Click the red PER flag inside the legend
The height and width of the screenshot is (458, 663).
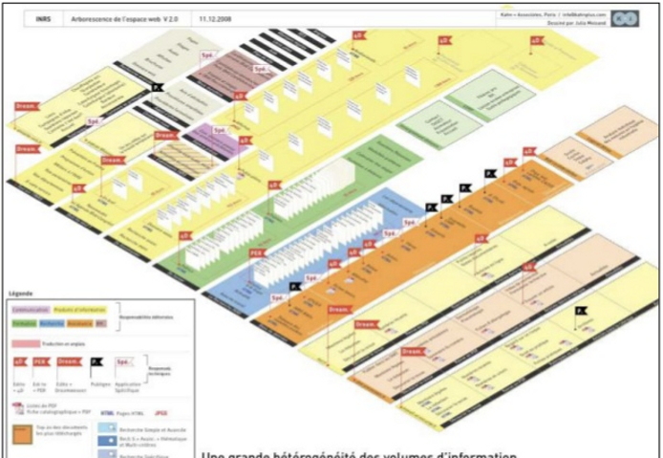(x=41, y=363)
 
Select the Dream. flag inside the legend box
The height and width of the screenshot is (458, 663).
(x=68, y=363)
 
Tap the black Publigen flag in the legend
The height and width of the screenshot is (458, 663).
(x=96, y=362)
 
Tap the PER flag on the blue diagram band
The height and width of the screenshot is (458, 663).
(x=256, y=253)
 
